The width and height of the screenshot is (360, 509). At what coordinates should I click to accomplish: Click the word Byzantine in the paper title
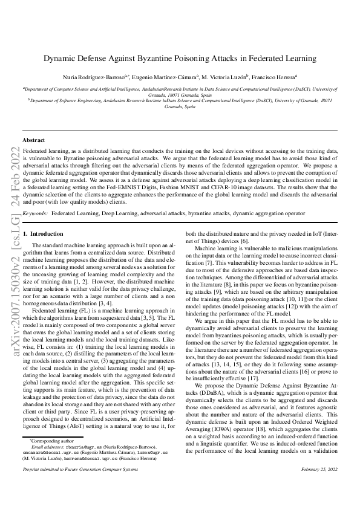point(156,59)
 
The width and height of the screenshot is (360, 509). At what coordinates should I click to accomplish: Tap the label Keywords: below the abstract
point(35,213)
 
